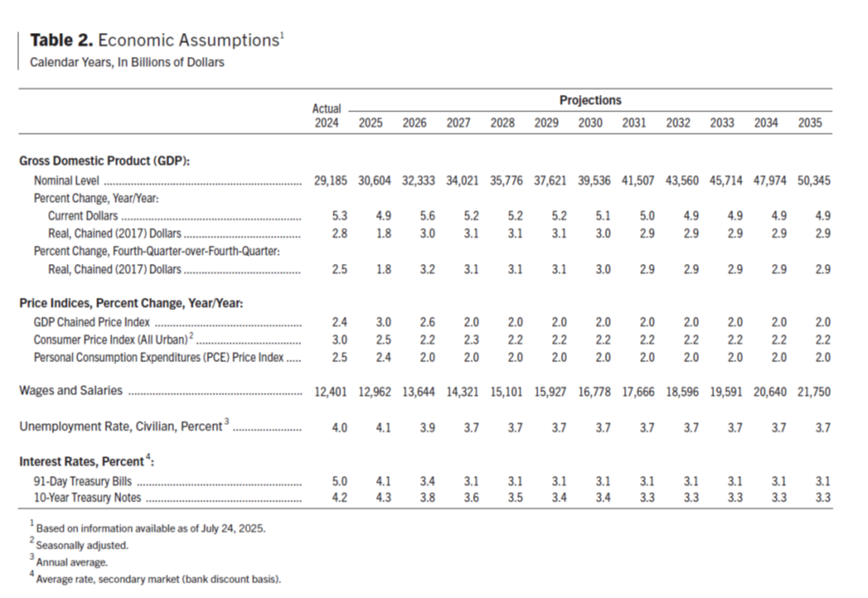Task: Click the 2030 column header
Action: point(590,123)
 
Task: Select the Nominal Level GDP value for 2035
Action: point(814,181)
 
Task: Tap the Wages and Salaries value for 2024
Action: point(331,392)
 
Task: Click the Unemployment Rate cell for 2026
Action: point(427,428)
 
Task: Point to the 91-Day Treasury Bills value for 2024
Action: point(340,481)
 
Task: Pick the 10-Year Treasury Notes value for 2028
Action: point(515,497)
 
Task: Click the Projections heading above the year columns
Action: point(590,101)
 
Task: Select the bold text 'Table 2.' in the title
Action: point(62,40)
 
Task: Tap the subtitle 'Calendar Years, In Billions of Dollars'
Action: point(127,63)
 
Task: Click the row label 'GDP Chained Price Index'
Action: point(91,323)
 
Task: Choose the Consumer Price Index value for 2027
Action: point(471,340)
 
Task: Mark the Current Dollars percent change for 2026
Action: point(427,216)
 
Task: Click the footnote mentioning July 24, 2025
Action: point(148,528)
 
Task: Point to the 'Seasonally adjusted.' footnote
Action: point(79,545)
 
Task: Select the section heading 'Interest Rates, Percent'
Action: point(87,461)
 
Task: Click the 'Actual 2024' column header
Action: point(326,115)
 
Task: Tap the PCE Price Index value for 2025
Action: point(383,358)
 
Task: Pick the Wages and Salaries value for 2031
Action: point(638,392)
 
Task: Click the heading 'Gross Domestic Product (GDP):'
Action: point(105,161)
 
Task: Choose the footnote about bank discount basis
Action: point(156,579)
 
